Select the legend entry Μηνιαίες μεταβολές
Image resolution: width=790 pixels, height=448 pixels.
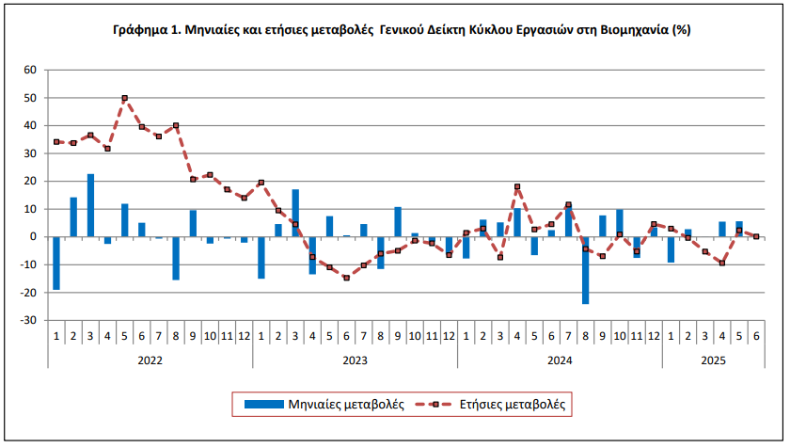324,404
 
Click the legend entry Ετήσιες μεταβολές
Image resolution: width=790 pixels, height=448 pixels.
499,404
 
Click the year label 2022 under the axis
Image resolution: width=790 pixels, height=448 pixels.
150,358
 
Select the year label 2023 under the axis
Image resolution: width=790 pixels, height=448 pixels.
355,358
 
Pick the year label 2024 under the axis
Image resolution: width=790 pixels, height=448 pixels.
560,358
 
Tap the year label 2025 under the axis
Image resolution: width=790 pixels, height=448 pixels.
713,358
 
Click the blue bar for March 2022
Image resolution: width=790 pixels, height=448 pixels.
90,205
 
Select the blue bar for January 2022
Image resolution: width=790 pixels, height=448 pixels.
56,263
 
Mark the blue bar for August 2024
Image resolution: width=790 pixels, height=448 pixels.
585,270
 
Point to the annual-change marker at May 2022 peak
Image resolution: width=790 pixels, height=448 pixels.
124,98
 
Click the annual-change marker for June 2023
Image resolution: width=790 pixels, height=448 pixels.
346,278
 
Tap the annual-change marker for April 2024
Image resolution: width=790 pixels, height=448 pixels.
517,186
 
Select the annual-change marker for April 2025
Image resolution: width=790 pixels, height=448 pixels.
721,263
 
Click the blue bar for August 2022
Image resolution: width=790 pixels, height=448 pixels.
176,258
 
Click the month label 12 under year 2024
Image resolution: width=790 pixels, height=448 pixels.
654,335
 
